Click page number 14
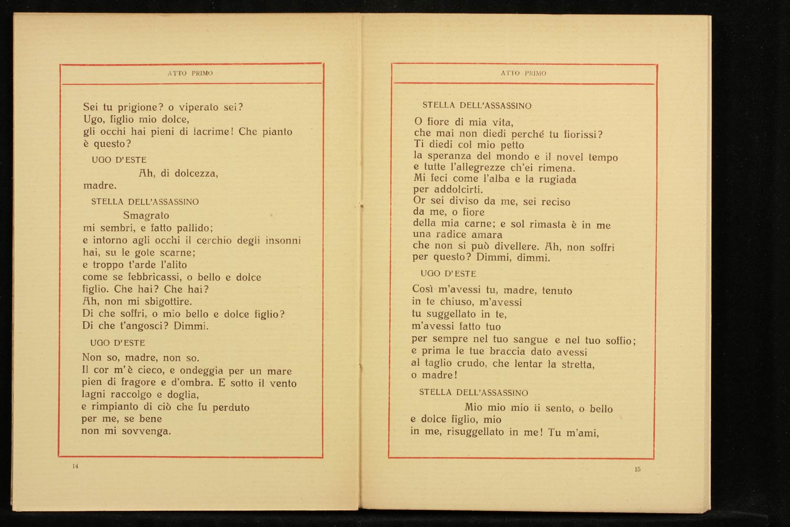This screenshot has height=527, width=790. [75, 466]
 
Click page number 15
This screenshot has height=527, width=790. [637, 469]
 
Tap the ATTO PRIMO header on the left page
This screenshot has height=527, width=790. [190, 74]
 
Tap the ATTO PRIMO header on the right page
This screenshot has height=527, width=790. [523, 74]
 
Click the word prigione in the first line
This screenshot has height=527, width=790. [138, 108]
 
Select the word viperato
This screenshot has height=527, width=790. [199, 108]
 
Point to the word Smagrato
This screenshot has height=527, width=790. [146, 216]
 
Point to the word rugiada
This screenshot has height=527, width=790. [557, 180]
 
